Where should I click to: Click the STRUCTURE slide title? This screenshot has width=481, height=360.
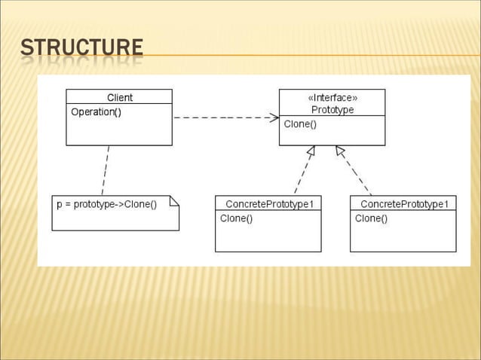pyautogui.click(x=81, y=48)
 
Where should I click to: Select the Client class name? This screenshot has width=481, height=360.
pyautogui.click(x=119, y=97)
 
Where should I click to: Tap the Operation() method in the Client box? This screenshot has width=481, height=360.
pyautogui.click(x=96, y=112)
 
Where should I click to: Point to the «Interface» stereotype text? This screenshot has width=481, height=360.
pyautogui.click(x=332, y=97)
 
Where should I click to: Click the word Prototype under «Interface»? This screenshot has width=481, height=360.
pyautogui.click(x=332, y=109)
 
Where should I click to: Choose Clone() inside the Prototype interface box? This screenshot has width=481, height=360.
pyautogui.click(x=300, y=124)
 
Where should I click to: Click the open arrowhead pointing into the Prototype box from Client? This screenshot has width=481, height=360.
pyautogui.click(x=274, y=117)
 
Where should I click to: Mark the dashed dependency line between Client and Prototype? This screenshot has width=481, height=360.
pyautogui.click(x=222, y=117)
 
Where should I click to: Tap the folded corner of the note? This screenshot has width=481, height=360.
pyautogui.click(x=174, y=200)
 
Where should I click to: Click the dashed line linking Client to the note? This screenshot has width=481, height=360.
pyautogui.click(x=106, y=170)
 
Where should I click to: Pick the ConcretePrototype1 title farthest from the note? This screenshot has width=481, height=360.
pyautogui.click(x=403, y=204)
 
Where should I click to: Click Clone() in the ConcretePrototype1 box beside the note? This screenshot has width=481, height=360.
pyautogui.click(x=236, y=218)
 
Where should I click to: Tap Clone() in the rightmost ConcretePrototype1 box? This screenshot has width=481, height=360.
pyautogui.click(x=371, y=218)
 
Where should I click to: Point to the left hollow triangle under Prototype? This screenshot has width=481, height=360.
pyautogui.click(x=310, y=151)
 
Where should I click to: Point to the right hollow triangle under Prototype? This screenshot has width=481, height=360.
pyautogui.click(x=340, y=151)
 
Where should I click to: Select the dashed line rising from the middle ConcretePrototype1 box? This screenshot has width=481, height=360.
pyautogui.click(x=299, y=175)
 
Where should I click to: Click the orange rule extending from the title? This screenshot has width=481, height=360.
pyautogui.click(x=302, y=55)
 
